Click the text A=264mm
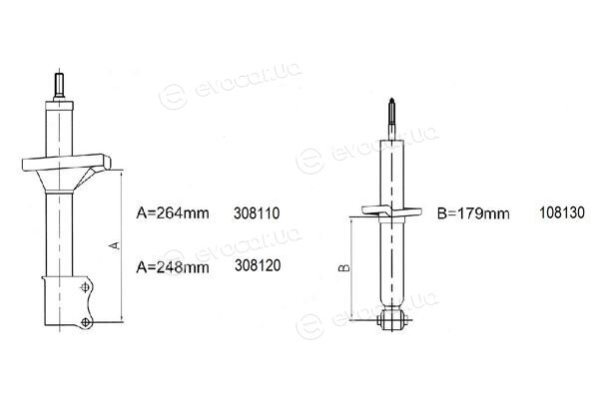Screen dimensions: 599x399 (173, 213)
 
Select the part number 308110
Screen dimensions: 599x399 (257, 213)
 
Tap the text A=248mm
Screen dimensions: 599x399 (173, 267)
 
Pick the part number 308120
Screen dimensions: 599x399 (258, 265)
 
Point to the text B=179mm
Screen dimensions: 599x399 (473, 213)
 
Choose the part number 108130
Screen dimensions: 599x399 (562, 212)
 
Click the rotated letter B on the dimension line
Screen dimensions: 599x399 (344, 268)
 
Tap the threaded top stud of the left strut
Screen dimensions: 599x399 (59, 86)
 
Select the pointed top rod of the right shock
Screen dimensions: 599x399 (392, 119)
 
